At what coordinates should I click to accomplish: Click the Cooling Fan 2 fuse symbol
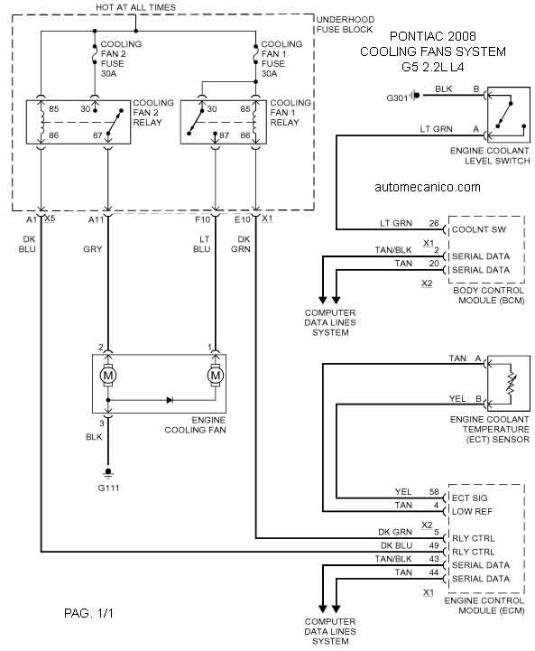click(95, 54)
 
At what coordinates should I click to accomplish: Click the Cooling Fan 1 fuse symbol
click(255, 54)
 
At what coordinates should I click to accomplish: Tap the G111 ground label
click(108, 488)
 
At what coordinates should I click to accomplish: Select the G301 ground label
click(397, 98)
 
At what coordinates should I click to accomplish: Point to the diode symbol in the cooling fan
click(170, 400)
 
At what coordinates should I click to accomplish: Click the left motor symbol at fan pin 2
click(108, 376)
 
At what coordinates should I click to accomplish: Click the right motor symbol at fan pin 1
click(216, 376)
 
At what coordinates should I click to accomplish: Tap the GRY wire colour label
click(93, 249)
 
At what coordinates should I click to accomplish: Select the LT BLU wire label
click(202, 244)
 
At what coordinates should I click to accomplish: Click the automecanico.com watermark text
click(428, 187)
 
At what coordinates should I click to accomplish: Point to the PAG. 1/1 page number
click(88, 613)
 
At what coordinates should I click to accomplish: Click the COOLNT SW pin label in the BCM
click(479, 229)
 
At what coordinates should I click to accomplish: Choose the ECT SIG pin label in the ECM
click(469, 498)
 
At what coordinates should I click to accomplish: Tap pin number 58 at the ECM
click(434, 492)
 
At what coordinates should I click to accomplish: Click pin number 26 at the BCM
click(434, 223)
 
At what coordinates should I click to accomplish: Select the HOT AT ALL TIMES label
click(135, 7)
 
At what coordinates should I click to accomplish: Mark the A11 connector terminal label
click(96, 219)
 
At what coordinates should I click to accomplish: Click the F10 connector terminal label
click(202, 219)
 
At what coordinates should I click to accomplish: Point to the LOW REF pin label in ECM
click(472, 511)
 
